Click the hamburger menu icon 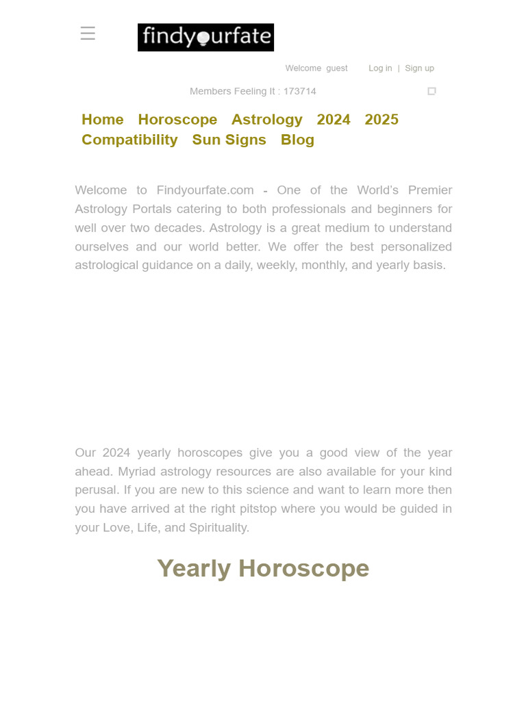click(88, 34)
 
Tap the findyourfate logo click(205, 38)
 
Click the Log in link click(380, 68)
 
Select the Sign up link click(419, 68)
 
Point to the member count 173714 click(300, 92)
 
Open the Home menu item click(103, 120)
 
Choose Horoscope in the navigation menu click(177, 120)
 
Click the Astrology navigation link click(266, 120)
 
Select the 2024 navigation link click(334, 120)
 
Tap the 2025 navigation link click(381, 120)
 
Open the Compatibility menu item click(129, 140)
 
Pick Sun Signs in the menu click(229, 140)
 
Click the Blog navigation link click(297, 140)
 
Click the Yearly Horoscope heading click(263, 568)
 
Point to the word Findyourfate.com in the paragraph click(205, 190)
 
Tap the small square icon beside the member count click(431, 91)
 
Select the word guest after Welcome click(336, 68)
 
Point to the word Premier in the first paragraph click(430, 190)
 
